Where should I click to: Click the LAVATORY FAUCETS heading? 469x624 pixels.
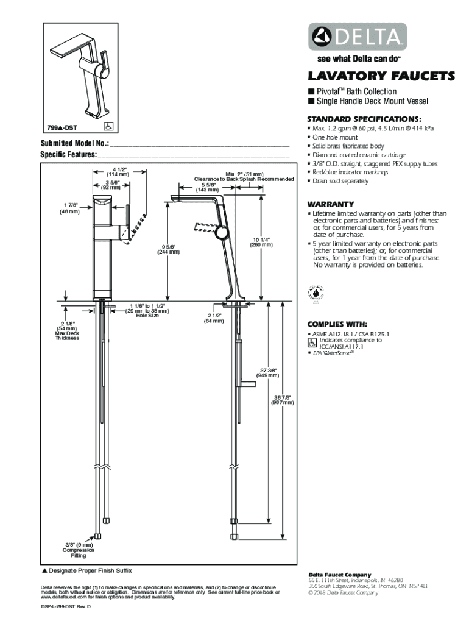click(x=381, y=77)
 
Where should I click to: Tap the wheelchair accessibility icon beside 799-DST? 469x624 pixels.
click(x=110, y=127)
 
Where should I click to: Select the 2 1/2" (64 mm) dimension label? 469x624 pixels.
click(x=213, y=318)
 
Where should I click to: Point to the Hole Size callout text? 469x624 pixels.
click(x=147, y=316)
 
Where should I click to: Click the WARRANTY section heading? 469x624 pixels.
click(x=331, y=204)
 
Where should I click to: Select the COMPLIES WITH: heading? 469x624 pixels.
click(x=337, y=324)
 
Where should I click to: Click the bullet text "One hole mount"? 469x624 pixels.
click(x=336, y=138)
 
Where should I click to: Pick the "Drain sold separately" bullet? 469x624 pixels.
click(x=340, y=181)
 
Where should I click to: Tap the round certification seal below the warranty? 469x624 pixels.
click(x=317, y=293)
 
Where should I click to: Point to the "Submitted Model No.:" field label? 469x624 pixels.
click(x=74, y=143)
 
